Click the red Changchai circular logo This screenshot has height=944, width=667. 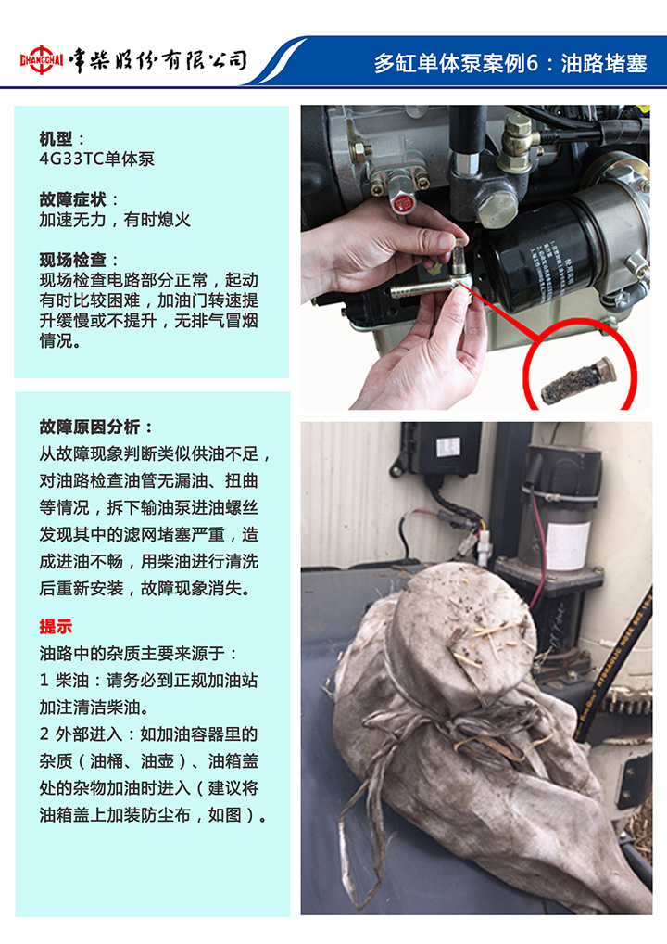42,59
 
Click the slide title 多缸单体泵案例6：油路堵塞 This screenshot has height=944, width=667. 510,63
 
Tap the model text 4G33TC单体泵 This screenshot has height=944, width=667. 97,159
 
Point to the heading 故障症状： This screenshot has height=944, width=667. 80,199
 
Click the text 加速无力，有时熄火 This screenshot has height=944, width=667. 115,220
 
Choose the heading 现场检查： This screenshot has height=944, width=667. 80,260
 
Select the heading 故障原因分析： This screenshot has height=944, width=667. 97,427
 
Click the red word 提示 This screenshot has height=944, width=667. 56,626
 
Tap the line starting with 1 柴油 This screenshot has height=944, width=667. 148,681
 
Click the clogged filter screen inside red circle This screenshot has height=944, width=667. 577,380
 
